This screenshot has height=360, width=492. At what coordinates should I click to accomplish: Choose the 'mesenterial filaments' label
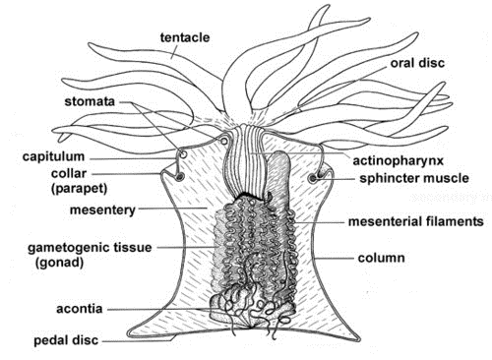(x=416, y=222)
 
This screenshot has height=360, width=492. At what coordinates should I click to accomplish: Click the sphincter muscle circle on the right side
(x=315, y=179)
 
